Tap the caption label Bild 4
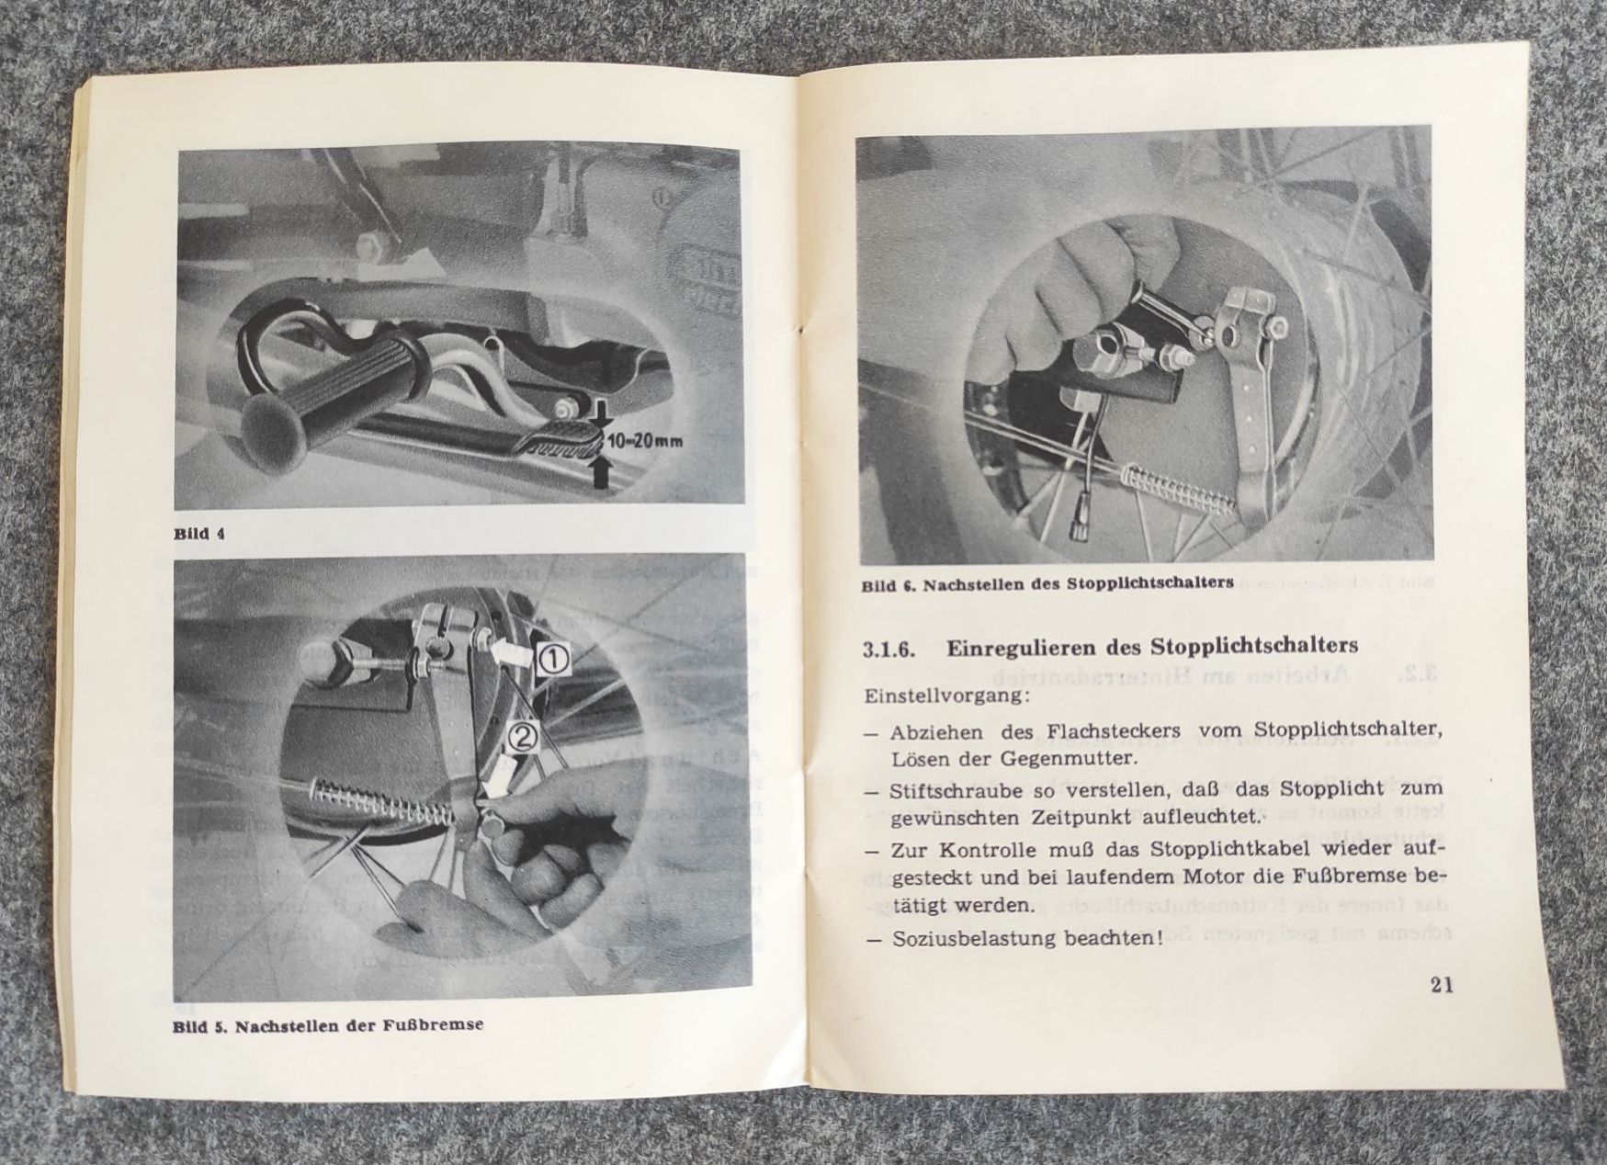(199, 533)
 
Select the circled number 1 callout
(556, 658)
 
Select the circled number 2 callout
(521, 737)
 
